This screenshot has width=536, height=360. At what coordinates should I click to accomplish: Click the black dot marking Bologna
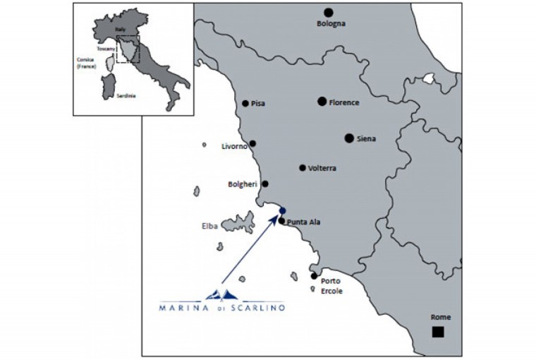(328, 13)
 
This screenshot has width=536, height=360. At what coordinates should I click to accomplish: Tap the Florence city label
(344, 103)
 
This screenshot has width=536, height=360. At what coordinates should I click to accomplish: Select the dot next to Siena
(349, 138)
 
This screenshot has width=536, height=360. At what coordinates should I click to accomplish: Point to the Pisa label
(258, 104)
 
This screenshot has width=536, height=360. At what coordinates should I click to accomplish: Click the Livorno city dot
(252, 143)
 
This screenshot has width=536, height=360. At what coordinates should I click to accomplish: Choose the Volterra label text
(322, 169)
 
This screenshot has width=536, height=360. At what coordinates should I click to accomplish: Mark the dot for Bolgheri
(265, 184)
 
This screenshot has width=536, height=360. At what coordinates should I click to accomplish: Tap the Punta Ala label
(304, 222)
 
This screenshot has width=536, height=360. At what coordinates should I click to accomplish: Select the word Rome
(441, 318)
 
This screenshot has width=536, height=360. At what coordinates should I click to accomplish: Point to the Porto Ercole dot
(314, 276)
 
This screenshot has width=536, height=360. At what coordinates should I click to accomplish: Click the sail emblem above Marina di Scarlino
(221, 294)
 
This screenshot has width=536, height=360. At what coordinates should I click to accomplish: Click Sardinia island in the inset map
(109, 83)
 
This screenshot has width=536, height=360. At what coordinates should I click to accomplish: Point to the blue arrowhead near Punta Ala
(276, 220)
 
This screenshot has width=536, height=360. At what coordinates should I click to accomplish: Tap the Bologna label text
(331, 24)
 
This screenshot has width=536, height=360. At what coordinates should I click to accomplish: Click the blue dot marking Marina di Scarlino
(282, 211)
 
